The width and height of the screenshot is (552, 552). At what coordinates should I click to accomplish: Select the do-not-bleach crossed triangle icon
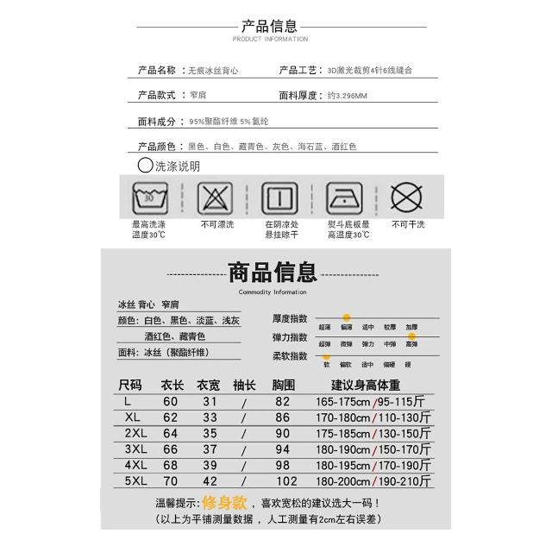(x=215, y=198)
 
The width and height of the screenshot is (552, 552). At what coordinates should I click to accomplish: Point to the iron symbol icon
(x=344, y=198)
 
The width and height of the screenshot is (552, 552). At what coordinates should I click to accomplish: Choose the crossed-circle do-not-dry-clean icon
(x=407, y=198)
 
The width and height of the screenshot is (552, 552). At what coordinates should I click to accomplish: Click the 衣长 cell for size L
(x=171, y=402)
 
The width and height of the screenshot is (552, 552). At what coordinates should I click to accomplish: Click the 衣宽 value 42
(x=209, y=481)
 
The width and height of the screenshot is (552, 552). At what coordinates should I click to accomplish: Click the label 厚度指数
(x=290, y=318)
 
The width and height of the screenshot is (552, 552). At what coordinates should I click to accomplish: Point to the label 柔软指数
(x=290, y=356)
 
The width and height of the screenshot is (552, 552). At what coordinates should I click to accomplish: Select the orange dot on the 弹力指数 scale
(x=412, y=336)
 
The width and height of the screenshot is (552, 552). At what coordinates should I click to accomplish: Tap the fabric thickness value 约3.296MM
(x=348, y=96)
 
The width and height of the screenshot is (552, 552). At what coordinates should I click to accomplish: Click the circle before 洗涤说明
(x=145, y=165)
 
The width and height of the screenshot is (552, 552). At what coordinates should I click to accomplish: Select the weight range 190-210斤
(x=405, y=481)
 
